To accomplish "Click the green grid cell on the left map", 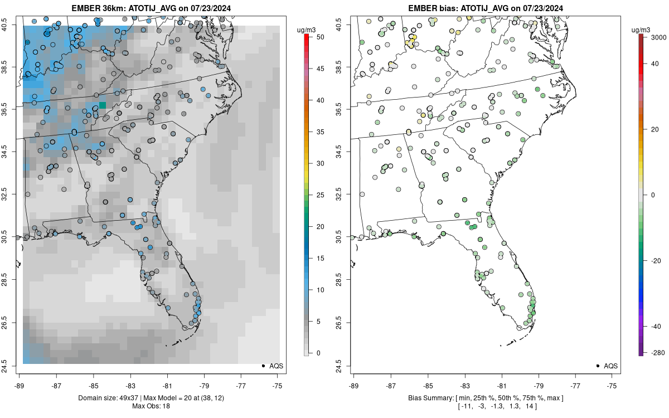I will pyautogui.click(x=102, y=105).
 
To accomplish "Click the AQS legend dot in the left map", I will pyautogui.click(x=263, y=366).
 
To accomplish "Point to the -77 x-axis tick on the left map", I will pyautogui.click(x=241, y=385).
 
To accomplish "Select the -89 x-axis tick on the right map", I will pyautogui.click(x=354, y=385).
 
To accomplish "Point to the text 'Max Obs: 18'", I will pyautogui.click(x=151, y=406).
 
